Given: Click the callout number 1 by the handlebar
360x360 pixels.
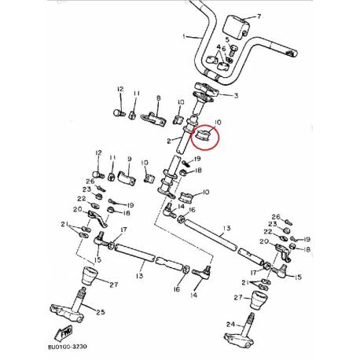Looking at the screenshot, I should pyautogui.click(x=183, y=37).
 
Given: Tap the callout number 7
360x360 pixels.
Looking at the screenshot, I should pyautogui.click(x=249, y=15).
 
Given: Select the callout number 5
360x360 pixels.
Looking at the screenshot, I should pyautogui.click(x=226, y=39).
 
